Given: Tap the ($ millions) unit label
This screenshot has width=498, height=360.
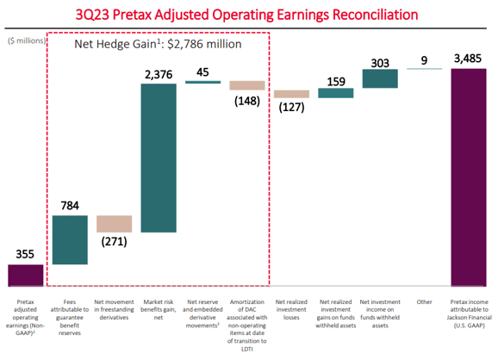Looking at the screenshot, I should coord(25,40).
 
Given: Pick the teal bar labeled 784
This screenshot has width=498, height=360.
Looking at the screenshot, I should coord(70,239).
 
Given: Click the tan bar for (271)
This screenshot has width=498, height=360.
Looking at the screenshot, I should coord(114,223).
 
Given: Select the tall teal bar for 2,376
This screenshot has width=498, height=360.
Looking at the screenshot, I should coord(159,158).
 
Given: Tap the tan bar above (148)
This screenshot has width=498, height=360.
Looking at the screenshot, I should coord(246,85).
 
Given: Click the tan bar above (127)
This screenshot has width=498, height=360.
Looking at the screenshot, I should coord(291,94).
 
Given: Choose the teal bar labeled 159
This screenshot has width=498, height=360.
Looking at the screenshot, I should coord(335,93).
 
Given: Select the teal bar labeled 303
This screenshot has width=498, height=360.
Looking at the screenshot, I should coord(379,78).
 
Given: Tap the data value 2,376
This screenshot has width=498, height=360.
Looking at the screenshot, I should coord(159,74).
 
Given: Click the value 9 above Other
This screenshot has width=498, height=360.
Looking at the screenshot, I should coord(423,60).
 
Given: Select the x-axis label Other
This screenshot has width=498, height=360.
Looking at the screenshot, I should coord(423,302).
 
